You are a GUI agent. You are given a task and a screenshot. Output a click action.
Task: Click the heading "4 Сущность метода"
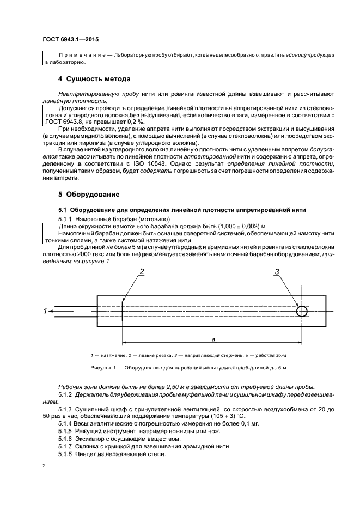[94, 79]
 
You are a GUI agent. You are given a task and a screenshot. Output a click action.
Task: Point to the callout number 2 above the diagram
[142, 271]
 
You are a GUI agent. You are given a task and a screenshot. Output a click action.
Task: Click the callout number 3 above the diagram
[277, 271]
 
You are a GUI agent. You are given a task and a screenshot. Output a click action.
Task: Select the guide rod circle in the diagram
[302, 311]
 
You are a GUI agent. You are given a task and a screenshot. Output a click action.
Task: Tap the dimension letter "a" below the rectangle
[213, 339]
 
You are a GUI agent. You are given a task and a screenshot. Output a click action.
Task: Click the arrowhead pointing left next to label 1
[50, 311]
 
